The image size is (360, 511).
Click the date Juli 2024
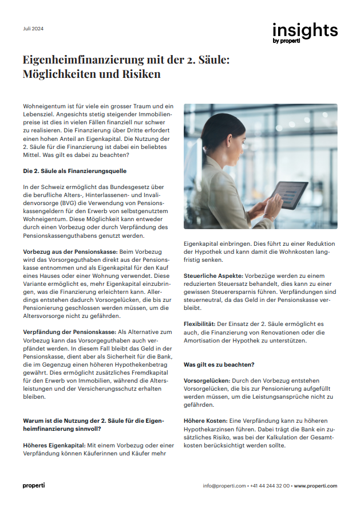click(x=33, y=29)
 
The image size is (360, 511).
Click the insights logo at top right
click(x=304, y=32)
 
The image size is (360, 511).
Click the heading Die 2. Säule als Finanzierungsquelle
click(x=75, y=171)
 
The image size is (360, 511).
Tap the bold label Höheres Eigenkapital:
click(x=55, y=445)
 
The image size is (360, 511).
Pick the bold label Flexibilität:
click(x=203, y=324)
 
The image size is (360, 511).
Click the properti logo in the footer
click(x=34, y=486)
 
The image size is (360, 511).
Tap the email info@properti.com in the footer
click(x=224, y=486)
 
